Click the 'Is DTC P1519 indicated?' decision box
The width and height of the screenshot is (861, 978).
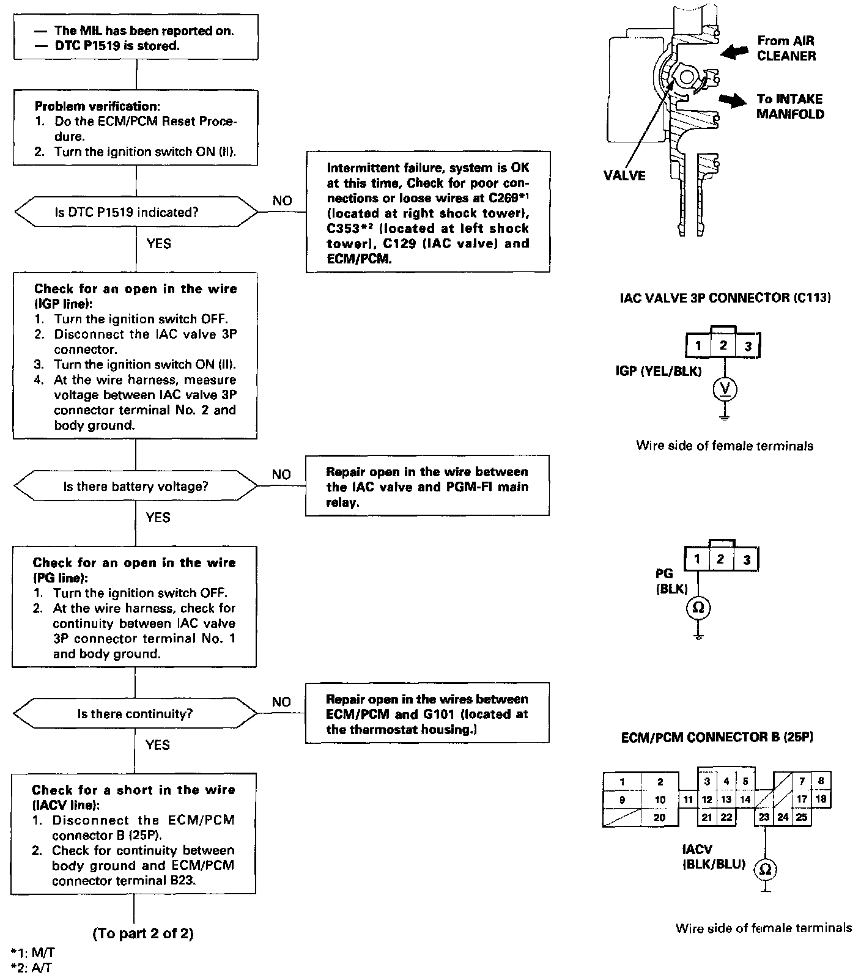(136, 212)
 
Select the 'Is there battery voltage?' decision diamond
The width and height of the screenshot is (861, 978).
(136, 487)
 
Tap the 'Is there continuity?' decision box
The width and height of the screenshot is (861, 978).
(136, 714)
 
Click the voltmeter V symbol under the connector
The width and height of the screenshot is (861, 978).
(724, 388)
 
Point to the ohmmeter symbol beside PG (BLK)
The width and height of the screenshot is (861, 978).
(698, 608)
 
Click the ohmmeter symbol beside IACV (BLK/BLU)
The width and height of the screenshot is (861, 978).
(765, 869)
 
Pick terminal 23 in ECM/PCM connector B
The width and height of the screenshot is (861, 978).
(764, 817)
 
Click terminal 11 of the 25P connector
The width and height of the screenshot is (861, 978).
(688, 800)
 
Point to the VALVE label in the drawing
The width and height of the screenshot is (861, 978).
(624, 176)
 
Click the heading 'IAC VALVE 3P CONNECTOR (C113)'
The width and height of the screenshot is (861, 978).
(725, 298)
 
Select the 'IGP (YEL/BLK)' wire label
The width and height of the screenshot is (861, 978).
(659, 371)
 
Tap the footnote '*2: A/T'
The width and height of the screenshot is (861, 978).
(27, 967)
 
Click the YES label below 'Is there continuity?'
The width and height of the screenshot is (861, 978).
(158, 745)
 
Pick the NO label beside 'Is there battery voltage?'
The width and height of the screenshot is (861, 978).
(281, 474)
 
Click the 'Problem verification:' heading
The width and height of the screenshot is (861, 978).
(97, 106)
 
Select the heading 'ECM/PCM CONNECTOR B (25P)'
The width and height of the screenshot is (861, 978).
(717, 737)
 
